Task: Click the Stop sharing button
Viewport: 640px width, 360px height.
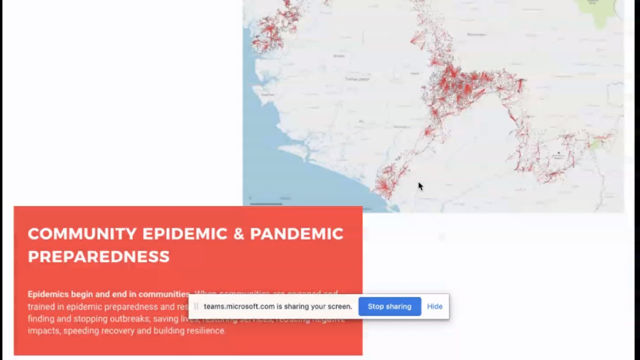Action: point(390,306)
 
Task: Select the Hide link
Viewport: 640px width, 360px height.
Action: point(435,306)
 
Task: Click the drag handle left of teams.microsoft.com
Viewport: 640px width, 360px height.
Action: point(196,306)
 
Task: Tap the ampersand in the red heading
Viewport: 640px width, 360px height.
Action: point(238,234)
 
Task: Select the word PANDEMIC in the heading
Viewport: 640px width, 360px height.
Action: point(296,234)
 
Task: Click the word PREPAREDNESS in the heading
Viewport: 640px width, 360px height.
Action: point(99,257)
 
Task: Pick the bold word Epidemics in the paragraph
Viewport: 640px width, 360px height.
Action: point(48,294)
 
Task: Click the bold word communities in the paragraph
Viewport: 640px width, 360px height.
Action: point(164,294)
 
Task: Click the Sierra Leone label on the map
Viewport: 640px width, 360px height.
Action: point(357,79)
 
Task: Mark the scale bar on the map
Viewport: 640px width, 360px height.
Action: point(266,203)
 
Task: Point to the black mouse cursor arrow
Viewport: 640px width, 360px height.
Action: point(420,186)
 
